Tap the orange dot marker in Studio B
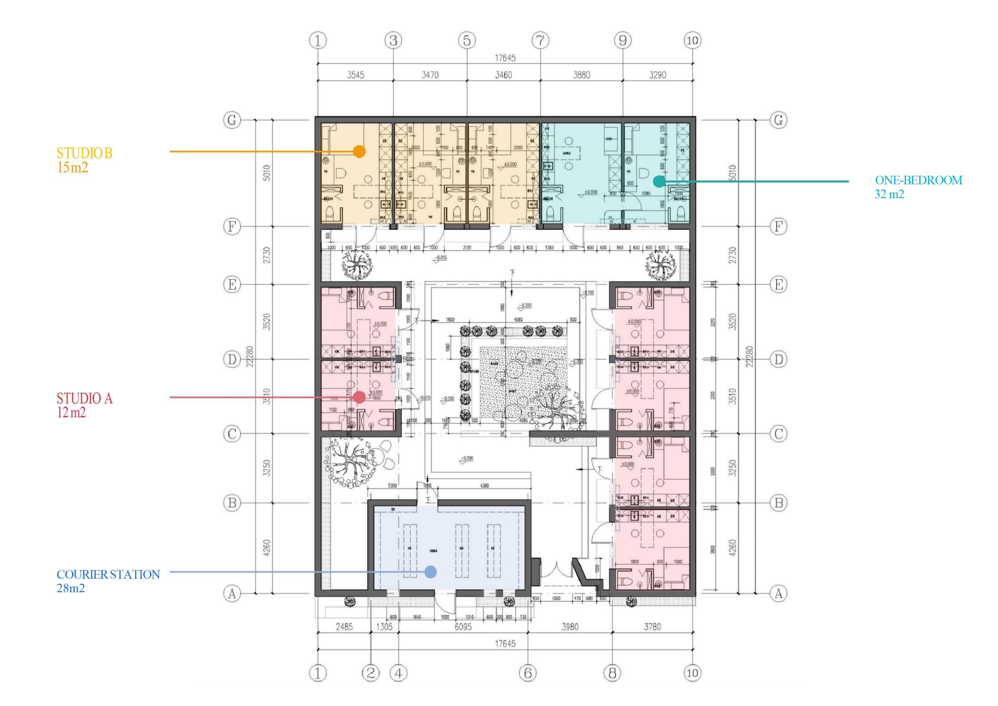pyautogui.click(x=359, y=151)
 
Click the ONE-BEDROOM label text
pyautogui.click(x=918, y=180)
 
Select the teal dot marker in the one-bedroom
pyautogui.click(x=659, y=181)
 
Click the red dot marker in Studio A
pyautogui.click(x=359, y=397)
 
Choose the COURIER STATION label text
pyautogui.click(x=108, y=574)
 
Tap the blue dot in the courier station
pyautogui.click(x=430, y=572)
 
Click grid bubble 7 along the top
pyautogui.click(x=540, y=41)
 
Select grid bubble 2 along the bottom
pyautogui.click(x=371, y=673)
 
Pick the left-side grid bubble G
pyautogui.click(x=232, y=120)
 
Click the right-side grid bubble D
pyautogui.click(x=779, y=359)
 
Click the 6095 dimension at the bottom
pyautogui.click(x=463, y=626)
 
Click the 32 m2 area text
pyautogui.click(x=889, y=194)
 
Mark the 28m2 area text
pyautogui.click(x=70, y=588)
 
